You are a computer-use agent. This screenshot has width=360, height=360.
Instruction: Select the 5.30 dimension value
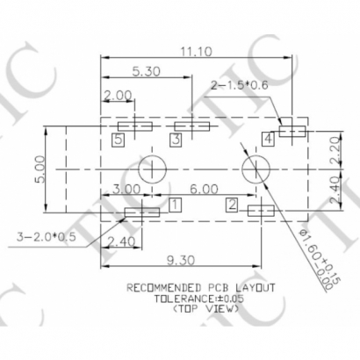coord(146,72)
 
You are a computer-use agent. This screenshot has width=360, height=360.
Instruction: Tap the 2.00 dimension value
coord(118,95)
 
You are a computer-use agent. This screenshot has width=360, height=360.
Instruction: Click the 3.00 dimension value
coord(126,189)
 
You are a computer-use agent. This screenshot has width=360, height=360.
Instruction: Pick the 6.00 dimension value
coord(204,189)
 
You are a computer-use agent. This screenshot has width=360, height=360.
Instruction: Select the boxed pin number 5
coord(118,139)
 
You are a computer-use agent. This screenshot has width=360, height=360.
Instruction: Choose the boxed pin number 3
coord(176,139)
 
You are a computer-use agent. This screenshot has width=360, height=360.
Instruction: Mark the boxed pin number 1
coord(175,205)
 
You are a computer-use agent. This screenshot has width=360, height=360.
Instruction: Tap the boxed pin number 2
coord(232,205)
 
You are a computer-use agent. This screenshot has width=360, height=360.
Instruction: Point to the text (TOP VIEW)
coord(204,308)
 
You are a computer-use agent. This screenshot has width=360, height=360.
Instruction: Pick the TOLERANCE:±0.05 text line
coord(202,298)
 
